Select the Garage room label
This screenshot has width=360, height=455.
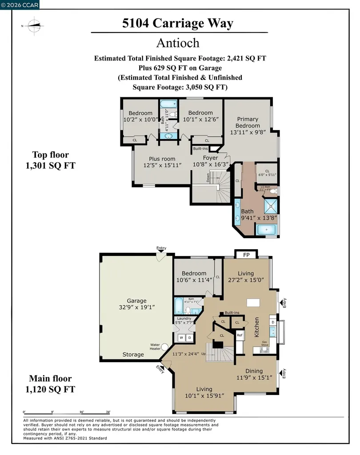136,301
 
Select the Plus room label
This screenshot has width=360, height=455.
162,159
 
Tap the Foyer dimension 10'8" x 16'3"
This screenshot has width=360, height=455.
211,164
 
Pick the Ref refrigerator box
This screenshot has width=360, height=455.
239,335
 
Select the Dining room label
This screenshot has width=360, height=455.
254,371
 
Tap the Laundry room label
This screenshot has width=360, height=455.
184,319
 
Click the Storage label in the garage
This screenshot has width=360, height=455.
133,355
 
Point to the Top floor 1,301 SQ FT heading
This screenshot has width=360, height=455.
50,160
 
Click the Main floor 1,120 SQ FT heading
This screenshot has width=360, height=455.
50,384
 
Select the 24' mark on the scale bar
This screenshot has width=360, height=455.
108,412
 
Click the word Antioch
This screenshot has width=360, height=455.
178,43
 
